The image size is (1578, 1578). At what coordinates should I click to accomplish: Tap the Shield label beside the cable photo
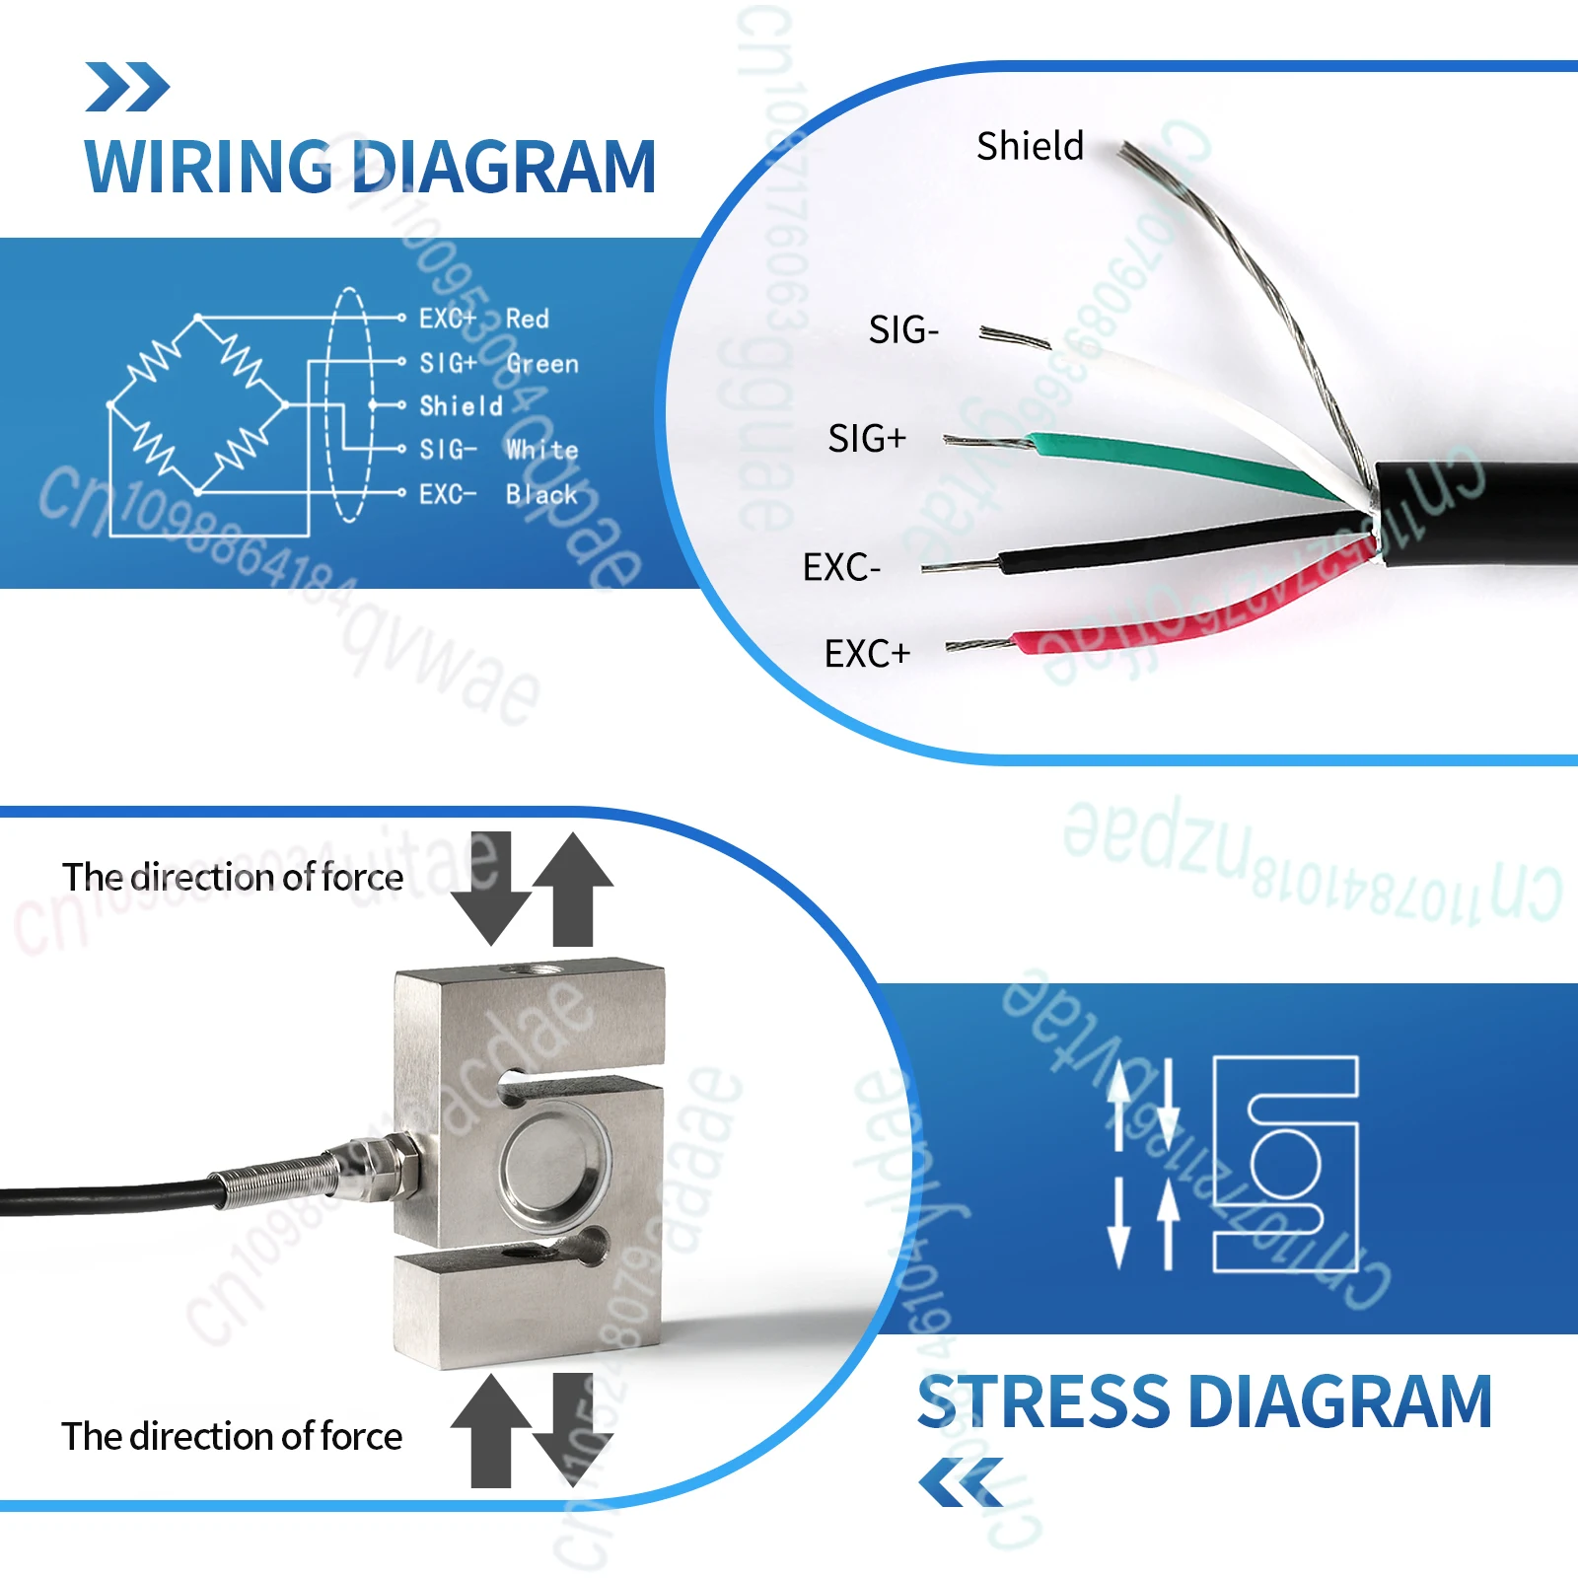[x=1030, y=146]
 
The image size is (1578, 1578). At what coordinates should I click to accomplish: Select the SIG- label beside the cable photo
[x=903, y=329]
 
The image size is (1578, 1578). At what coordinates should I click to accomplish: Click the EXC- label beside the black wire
[x=841, y=567]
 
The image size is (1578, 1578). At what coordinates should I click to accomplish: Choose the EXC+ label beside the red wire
[x=867, y=653]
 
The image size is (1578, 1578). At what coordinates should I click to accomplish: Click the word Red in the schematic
[x=528, y=319]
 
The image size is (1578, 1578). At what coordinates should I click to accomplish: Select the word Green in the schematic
[x=542, y=364]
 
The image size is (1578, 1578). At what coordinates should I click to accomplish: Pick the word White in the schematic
[x=542, y=450]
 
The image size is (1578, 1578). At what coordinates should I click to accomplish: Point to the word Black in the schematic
[x=541, y=494]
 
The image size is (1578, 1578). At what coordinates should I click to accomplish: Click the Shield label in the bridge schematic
[x=462, y=406]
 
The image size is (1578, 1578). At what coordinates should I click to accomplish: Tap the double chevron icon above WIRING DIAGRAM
[x=127, y=87]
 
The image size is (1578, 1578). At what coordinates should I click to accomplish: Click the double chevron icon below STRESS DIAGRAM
[x=961, y=1482]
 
